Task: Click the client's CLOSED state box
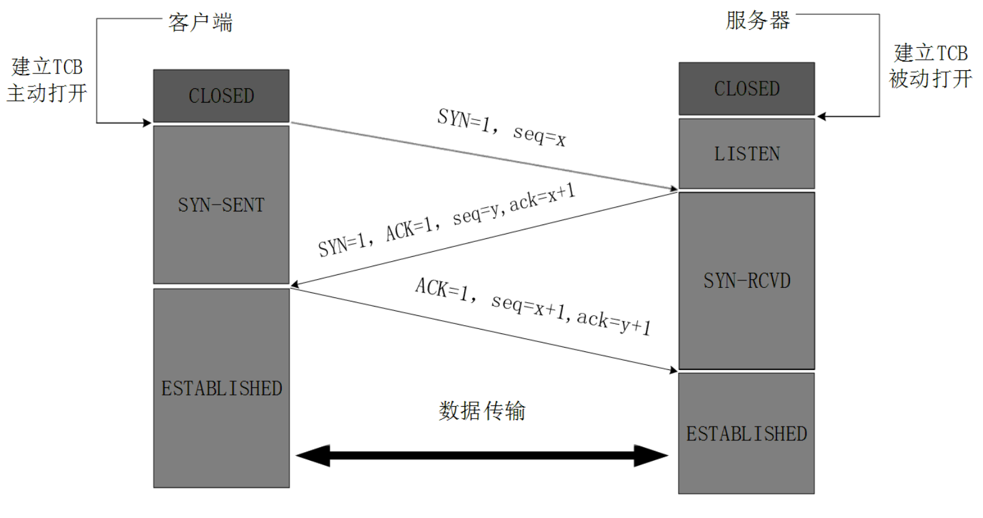tap(221, 96)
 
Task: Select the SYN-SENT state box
tap(221, 205)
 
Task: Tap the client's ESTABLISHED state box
tap(221, 388)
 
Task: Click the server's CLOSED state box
tap(746, 89)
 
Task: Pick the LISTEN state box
tap(746, 154)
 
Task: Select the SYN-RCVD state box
tap(746, 280)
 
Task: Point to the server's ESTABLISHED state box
tap(746, 433)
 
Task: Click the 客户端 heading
tap(200, 23)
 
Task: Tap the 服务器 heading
tap(757, 21)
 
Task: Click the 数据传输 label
tap(482, 410)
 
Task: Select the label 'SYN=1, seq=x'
tap(501, 127)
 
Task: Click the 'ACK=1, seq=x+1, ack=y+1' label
tap(533, 306)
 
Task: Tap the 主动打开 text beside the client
tap(47, 93)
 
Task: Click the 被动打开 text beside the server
tap(930, 79)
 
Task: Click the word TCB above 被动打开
tap(952, 53)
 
